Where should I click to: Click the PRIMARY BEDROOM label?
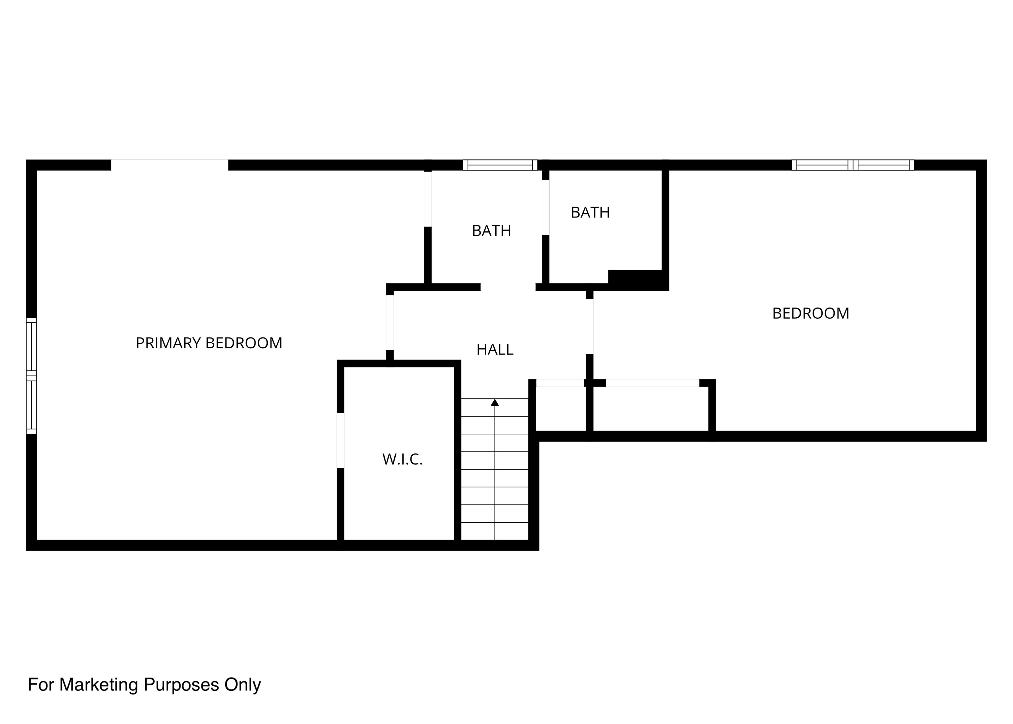coord(209,343)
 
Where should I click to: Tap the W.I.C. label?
coord(402,459)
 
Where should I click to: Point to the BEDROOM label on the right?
coord(811,313)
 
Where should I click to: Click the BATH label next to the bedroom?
coord(590,213)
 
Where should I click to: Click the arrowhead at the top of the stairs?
coord(495,403)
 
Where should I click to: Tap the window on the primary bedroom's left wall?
coord(31,375)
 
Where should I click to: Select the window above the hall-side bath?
coord(500,165)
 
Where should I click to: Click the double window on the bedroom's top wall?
coord(853,165)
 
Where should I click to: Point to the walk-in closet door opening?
coord(340,441)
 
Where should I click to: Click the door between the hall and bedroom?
coord(590,326)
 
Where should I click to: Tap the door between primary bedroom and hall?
coord(390,322)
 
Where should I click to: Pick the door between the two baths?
coord(545,207)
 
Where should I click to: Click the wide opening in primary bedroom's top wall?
coord(169,165)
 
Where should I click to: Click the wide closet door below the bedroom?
coord(653,383)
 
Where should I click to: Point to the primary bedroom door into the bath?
coord(428,199)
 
